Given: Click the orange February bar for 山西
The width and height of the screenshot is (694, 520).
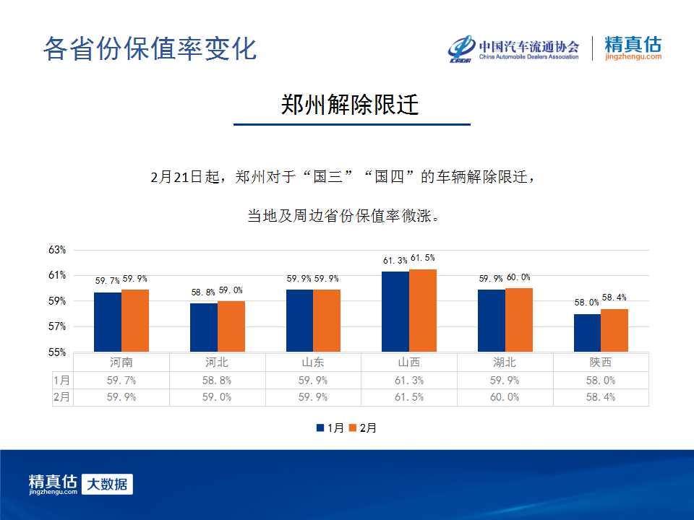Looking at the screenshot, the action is pos(423,311).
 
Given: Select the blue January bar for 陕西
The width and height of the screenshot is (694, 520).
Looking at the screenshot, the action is pos(587,333).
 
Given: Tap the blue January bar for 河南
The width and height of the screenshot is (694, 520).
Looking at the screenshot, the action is pos(108,322).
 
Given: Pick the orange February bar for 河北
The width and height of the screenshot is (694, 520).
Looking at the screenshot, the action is pos(231,326).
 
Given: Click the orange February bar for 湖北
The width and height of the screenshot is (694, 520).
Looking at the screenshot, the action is pos(519,320).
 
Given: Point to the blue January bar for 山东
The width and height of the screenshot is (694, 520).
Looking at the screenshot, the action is pos(299,321).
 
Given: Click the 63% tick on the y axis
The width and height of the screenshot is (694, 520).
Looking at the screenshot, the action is pos(57,250).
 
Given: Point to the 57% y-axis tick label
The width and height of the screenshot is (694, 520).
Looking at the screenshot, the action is pos(57,326).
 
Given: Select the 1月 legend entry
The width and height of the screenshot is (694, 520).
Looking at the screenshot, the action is pos(330,428).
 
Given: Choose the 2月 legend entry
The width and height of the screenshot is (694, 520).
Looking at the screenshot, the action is pos(362,428).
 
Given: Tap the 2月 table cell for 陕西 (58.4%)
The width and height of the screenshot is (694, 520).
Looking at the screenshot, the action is pos(601,397).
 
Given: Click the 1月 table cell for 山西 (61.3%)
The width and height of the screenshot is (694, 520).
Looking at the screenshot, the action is pos(409,381).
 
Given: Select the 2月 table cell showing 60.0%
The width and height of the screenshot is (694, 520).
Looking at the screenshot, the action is pos(505,397).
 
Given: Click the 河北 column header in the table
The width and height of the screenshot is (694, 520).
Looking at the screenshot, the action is pos(217,363).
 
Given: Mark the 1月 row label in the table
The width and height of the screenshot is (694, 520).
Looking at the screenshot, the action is pos(61,381).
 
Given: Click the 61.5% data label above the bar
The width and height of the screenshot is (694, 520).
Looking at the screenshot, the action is pos(423,258).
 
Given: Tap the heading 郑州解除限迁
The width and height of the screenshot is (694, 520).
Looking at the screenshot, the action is pos(350,105).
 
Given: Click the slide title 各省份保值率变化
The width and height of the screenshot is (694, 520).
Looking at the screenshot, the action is pos(150,48).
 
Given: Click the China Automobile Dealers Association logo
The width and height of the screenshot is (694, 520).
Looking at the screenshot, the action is pos(513,48).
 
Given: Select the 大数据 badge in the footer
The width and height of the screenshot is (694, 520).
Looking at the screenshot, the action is pos(107,484).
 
